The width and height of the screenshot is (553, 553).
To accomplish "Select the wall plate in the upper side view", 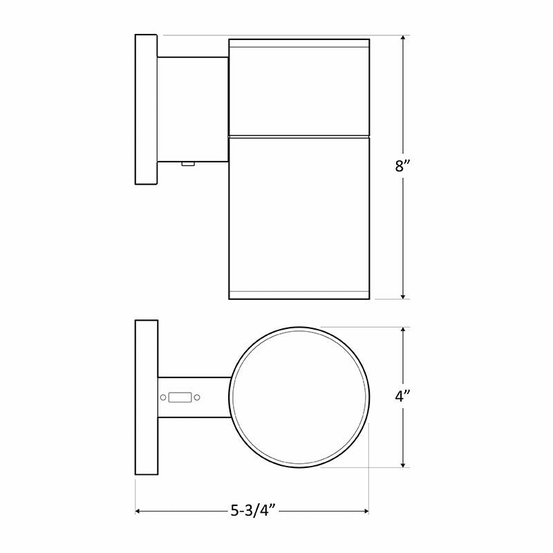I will point(146,109).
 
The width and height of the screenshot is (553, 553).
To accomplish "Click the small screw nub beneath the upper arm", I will point(187,164).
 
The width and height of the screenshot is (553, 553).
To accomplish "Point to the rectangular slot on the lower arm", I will point(180,397).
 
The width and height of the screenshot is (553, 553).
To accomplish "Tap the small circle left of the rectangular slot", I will point(163,397).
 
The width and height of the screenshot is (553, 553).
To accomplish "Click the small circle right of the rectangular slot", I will point(197,397).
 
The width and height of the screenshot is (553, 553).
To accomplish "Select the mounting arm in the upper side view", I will point(193,109).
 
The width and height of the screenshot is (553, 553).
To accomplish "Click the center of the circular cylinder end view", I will point(299,397).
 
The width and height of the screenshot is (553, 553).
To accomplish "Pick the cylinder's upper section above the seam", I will point(299,90).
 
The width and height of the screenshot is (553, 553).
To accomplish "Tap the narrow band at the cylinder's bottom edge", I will point(299,293).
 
